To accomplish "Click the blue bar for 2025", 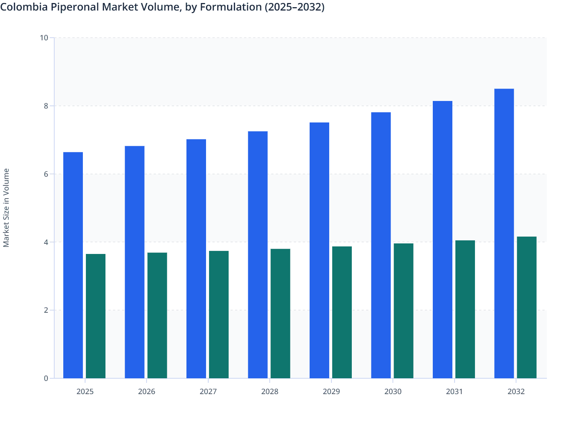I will tap(73, 265).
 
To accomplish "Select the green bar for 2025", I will tap(96, 316).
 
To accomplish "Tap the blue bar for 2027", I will tap(196, 259).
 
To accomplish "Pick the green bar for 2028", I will tap(280, 313).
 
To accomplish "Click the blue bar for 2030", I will tap(381, 245).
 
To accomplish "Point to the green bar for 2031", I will tap(465, 309).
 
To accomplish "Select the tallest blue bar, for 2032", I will tap(504, 234).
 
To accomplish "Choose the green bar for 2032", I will tap(527, 307).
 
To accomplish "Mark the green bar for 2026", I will tap(157, 315).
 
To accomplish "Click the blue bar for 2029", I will tap(319, 251).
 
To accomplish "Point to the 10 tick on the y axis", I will tap(44, 38).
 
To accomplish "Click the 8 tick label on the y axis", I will tap(46, 106).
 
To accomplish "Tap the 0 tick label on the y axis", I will tap(46, 378).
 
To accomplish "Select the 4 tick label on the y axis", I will tap(46, 242).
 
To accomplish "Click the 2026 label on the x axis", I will tap(147, 391).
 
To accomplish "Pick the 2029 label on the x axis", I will tap(331, 391).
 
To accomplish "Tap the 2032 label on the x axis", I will tap(516, 391).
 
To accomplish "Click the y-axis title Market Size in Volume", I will tap(6, 208).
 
